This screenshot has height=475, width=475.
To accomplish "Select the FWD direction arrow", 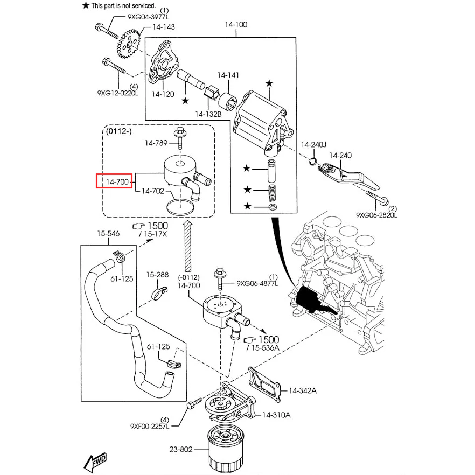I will pyautogui.click(x=95, y=460).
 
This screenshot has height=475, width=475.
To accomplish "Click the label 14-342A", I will pyautogui.click(x=302, y=390).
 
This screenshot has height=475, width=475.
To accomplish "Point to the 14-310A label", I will pyautogui.click(x=276, y=415).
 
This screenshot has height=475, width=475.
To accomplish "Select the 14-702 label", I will pyautogui.click(x=153, y=191).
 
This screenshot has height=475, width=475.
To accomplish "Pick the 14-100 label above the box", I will pyautogui.click(x=237, y=24).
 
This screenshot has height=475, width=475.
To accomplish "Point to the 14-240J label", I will pyautogui.click(x=313, y=144).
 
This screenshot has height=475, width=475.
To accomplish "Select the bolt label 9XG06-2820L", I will pyautogui.click(x=376, y=215).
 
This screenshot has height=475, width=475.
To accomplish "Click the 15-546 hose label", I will pyautogui.click(x=108, y=234).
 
